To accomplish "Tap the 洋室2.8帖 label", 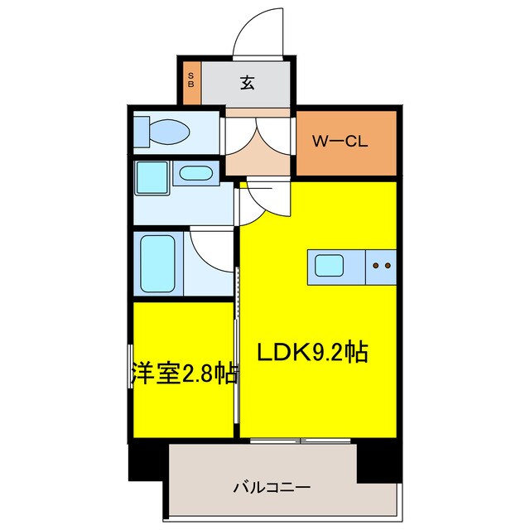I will [x=184, y=373].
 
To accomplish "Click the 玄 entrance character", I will [x=247, y=83].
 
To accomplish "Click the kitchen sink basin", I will [x=329, y=266].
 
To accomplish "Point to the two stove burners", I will [x=382, y=266].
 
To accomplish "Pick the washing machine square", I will [x=152, y=177].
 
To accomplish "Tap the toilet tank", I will [x=140, y=131].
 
